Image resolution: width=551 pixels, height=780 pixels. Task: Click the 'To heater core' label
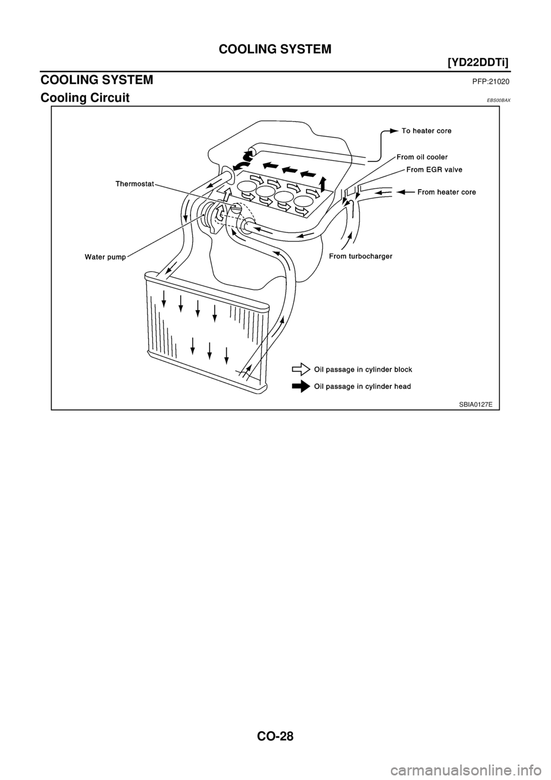[x=426, y=131]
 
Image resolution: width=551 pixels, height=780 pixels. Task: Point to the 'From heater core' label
[x=446, y=192]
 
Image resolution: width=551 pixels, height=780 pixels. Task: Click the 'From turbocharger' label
[x=360, y=257]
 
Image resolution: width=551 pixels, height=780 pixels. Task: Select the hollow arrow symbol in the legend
[x=301, y=369]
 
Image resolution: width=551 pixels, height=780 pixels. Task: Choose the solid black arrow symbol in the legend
[x=301, y=387]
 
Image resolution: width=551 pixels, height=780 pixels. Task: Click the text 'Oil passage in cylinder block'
[x=363, y=369]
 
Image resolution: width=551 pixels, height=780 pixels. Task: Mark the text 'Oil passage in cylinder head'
[x=362, y=387]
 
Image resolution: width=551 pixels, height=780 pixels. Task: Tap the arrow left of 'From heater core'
[x=405, y=191]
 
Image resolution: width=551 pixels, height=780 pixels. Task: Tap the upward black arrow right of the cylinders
[x=323, y=183]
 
